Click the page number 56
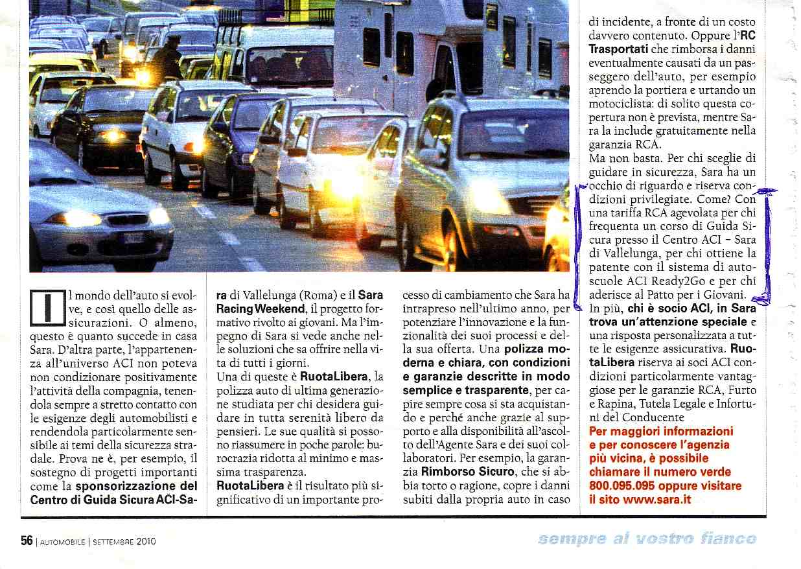[x=27, y=541]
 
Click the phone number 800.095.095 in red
[x=627, y=486]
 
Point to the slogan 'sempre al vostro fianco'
[x=646, y=539]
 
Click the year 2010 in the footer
[x=146, y=542]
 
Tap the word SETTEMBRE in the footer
[x=113, y=542]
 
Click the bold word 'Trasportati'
[x=618, y=49]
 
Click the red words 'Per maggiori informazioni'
[x=661, y=432]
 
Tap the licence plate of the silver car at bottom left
[x=133, y=237]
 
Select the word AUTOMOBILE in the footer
[x=62, y=542]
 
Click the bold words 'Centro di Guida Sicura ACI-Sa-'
[x=114, y=500]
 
